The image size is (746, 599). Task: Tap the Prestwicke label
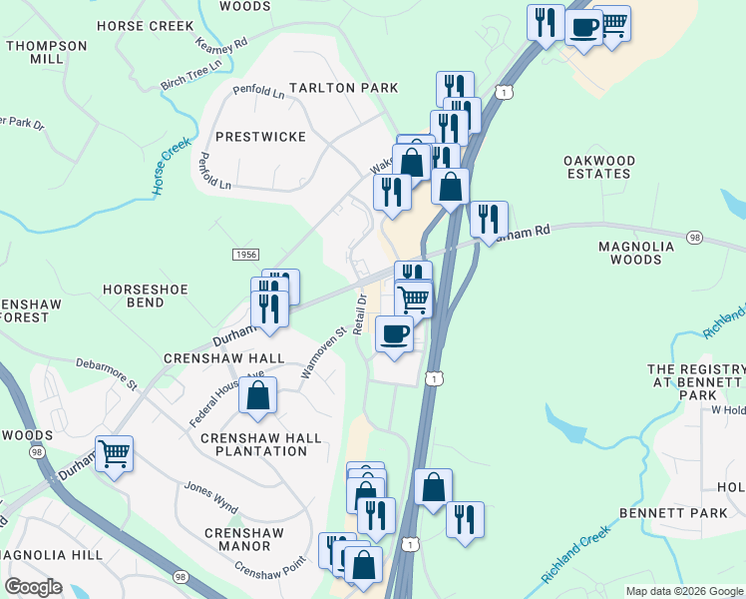tap(260, 136)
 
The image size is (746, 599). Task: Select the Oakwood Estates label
tap(598, 167)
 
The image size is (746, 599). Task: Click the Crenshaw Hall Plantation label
tap(261, 444)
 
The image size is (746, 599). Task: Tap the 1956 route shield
tap(247, 255)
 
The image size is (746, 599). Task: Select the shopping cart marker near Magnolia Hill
tap(115, 454)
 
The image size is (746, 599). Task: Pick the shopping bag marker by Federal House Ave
tap(257, 395)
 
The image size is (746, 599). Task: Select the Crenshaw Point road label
tap(268, 572)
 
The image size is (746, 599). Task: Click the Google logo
tap(33, 587)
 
